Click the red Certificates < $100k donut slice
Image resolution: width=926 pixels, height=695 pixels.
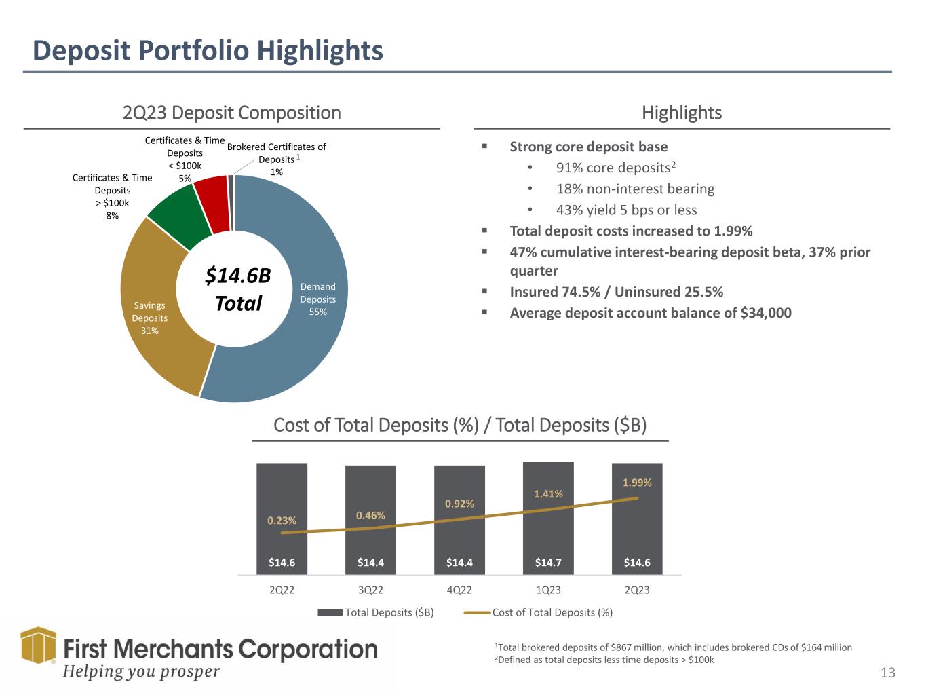click(x=211, y=204)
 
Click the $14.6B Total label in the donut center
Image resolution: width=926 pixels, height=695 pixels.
click(x=237, y=289)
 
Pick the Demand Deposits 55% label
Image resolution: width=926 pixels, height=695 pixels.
click(x=317, y=299)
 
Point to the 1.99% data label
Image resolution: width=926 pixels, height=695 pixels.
click(x=637, y=483)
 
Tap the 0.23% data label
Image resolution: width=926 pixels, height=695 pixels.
click(x=282, y=521)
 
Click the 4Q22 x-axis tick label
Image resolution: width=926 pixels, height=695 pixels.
click(x=459, y=590)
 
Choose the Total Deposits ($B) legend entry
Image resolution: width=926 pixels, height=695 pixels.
click(x=377, y=612)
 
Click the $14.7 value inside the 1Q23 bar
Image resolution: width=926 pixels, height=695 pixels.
click(x=548, y=562)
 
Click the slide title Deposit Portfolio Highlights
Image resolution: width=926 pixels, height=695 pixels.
click(x=208, y=51)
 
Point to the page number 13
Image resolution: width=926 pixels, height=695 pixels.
click(x=888, y=673)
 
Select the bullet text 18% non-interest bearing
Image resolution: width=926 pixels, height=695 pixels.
click(x=635, y=189)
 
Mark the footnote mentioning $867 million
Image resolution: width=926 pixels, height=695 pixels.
click(x=674, y=647)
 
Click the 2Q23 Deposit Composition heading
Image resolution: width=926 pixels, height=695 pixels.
click(x=232, y=113)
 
